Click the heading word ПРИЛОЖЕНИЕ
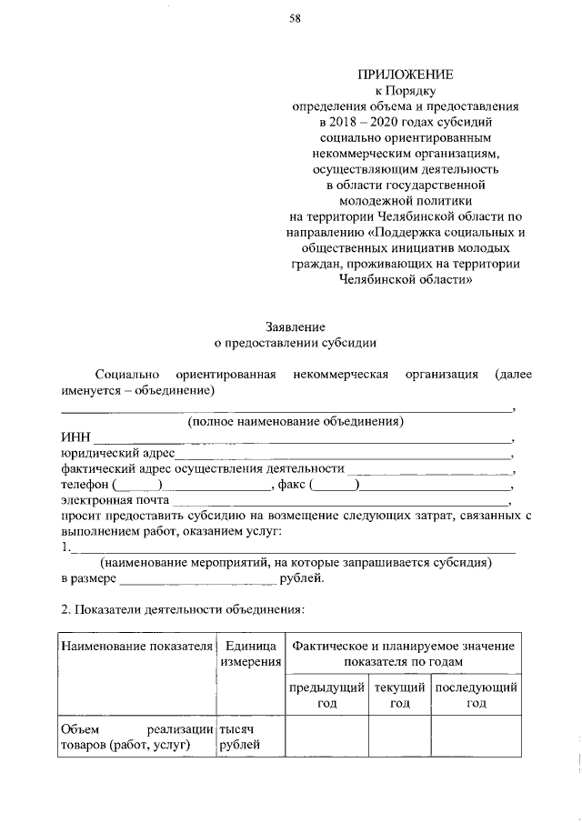(x=405, y=75)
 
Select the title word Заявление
(x=295, y=326)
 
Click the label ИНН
(x=75, y=437)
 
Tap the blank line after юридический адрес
(x=343, y=453)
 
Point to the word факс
(x=293, y=485)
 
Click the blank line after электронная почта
(x=341, y=500)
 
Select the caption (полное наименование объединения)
(x=296, y=422)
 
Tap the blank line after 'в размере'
(x=197, y=579)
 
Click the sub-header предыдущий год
(x=327, y=696)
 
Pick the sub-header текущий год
(x=399, y=696)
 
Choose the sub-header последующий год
(x=477, y=696)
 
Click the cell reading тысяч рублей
(x=240, y=738)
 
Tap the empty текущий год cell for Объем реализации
(x=399, y=738)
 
